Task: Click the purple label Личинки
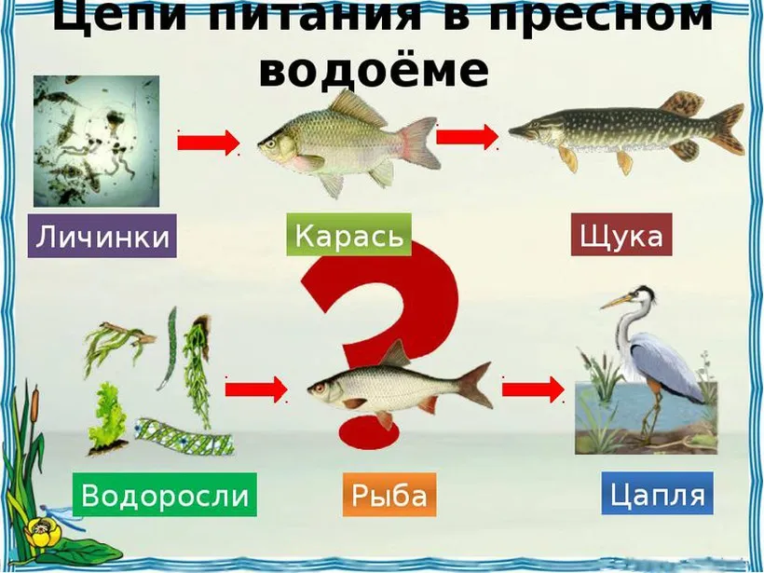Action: point(102,236)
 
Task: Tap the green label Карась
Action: point(348,235)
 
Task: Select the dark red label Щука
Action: point(621,235)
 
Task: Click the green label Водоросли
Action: point(165,494)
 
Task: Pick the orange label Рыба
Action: point(389,495)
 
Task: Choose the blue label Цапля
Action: point(657,493)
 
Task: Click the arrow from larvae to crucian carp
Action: point(209,143)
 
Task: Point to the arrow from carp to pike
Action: point(468,137)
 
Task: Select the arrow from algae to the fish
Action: point(256,389)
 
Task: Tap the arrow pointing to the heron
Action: point(534,389)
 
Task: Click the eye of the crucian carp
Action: point(270,143)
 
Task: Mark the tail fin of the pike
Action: point(727,129)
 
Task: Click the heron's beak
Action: point(615,302)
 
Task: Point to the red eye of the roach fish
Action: point(320,389)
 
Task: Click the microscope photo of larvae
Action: point(97,141)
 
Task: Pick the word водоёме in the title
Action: point(374,71)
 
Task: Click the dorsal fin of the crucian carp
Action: point(357,107)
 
